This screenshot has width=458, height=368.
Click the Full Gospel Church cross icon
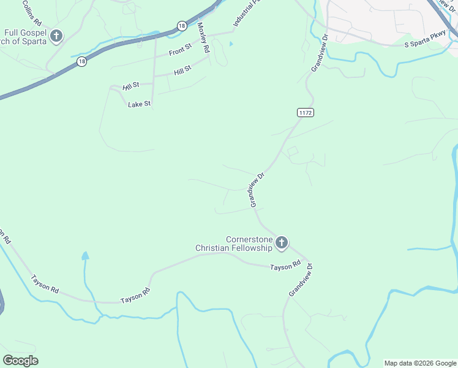(56, 36)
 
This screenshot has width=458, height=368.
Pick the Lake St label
(139, 104)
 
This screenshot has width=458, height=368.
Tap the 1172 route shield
(306, 112)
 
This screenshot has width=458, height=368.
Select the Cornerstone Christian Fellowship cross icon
(282, 243)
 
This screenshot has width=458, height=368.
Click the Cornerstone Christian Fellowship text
(233, 243)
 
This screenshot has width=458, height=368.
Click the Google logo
(20, 361)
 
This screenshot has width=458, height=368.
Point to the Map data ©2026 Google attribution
(421, 363)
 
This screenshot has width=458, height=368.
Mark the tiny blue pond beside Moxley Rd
(231, 44)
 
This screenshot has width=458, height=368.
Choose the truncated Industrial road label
(242, 16)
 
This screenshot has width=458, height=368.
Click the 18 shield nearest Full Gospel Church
(82, 61)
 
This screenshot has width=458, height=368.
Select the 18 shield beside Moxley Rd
(182, 26)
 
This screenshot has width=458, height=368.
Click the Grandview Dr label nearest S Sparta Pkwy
(320, 53)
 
